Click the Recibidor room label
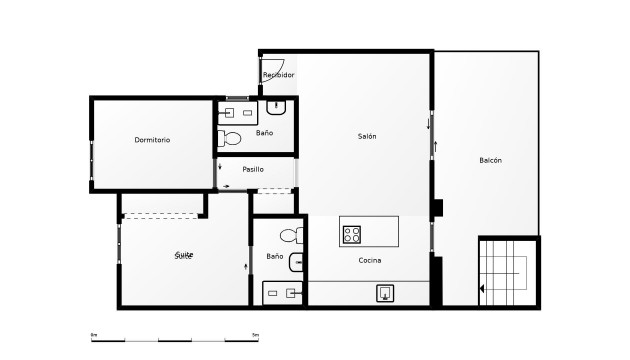click(278, 75)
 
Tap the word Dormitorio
click(152, 140)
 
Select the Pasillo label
click(253, 169)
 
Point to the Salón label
click(367, 136)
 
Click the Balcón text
click(490, 161)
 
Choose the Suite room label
click(184, 255)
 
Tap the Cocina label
click(370, 260)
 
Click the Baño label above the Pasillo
click(264, 132)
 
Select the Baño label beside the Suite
click(275, 257)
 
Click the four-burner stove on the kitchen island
click(352, 235)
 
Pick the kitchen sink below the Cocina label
click(385, 293)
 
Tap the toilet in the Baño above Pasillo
click(231, 138)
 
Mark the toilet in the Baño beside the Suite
click(290, 237)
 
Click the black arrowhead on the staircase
click(483, 289)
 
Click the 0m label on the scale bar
click(94, 334)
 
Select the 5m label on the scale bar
click(255, 334)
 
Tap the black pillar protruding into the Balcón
click(437, 208)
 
